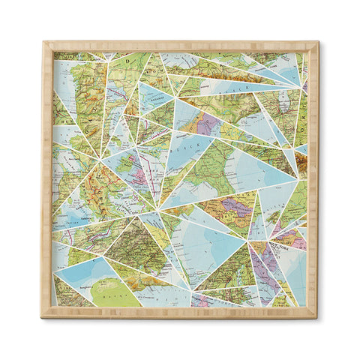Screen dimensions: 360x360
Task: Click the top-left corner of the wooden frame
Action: (43, 43)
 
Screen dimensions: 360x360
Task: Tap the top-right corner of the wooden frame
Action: (316, 43)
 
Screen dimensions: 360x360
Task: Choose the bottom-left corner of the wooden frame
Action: (43, 316)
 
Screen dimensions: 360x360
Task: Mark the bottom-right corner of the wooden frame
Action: (316, 316)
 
